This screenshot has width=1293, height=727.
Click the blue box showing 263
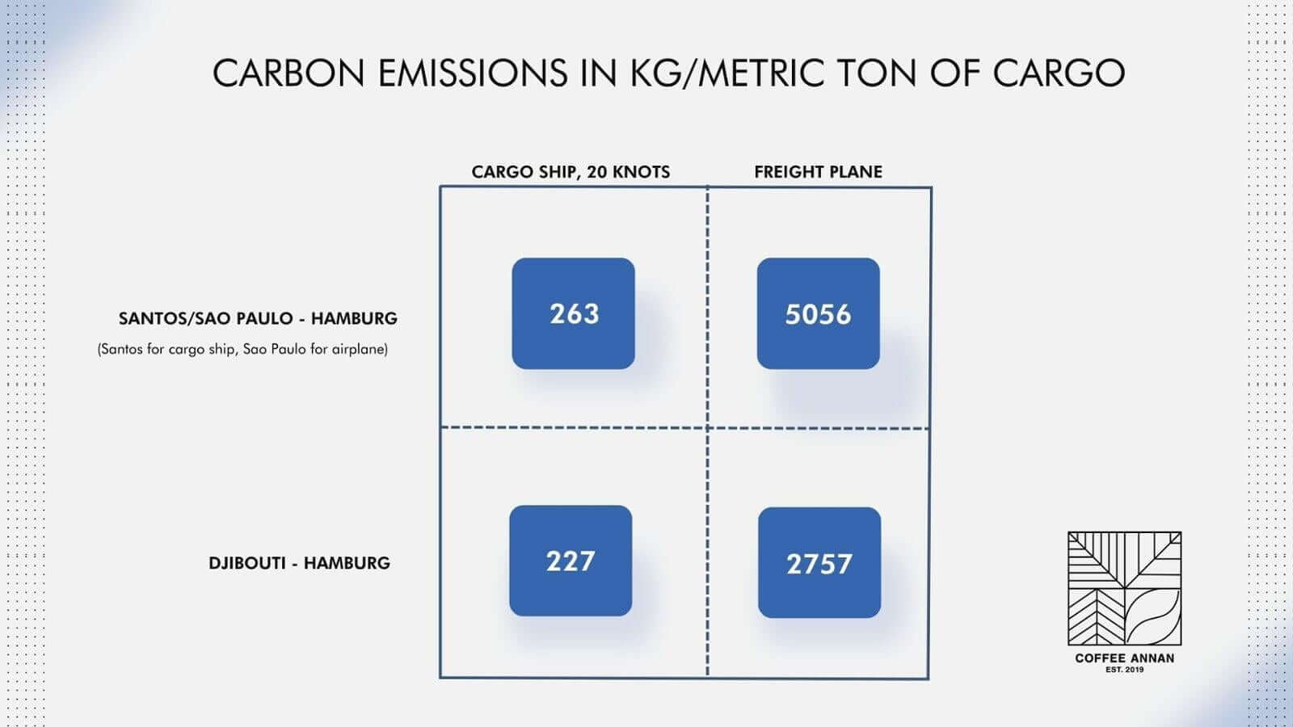[573, 313]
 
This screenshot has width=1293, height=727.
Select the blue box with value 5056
[818, 313]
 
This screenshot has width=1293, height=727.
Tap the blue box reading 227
[571, 561]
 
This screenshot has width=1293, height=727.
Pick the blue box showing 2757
[819, 562]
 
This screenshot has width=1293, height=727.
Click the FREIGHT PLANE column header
[818, 171]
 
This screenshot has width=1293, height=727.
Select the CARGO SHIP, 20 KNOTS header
[571, 171]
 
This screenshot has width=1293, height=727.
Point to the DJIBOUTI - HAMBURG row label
[299, 563]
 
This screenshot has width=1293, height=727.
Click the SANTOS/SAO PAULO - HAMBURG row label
[258, 318]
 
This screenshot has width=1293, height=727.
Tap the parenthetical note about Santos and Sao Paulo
[242, 350]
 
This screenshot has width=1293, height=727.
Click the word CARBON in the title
[289, 73]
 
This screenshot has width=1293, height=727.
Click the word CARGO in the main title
[1059, 73]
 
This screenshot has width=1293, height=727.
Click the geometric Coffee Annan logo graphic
[1124, 589]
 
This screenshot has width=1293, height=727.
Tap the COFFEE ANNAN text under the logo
[1124, 658]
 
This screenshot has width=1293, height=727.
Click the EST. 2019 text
[1124, 670]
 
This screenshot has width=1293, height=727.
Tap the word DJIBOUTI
[247, 563]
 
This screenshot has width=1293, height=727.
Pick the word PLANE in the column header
[855, 171]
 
